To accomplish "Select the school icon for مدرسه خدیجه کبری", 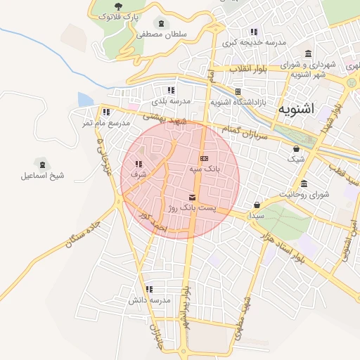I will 253,32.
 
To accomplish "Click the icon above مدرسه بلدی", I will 170,90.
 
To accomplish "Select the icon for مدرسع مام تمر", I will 105,112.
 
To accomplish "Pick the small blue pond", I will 85,100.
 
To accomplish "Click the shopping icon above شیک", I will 296,148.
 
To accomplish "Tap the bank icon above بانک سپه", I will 205,159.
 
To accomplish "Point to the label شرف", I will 138,174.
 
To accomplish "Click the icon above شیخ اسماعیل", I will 42,163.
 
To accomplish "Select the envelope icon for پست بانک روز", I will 193,198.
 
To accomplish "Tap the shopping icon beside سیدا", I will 257,205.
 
